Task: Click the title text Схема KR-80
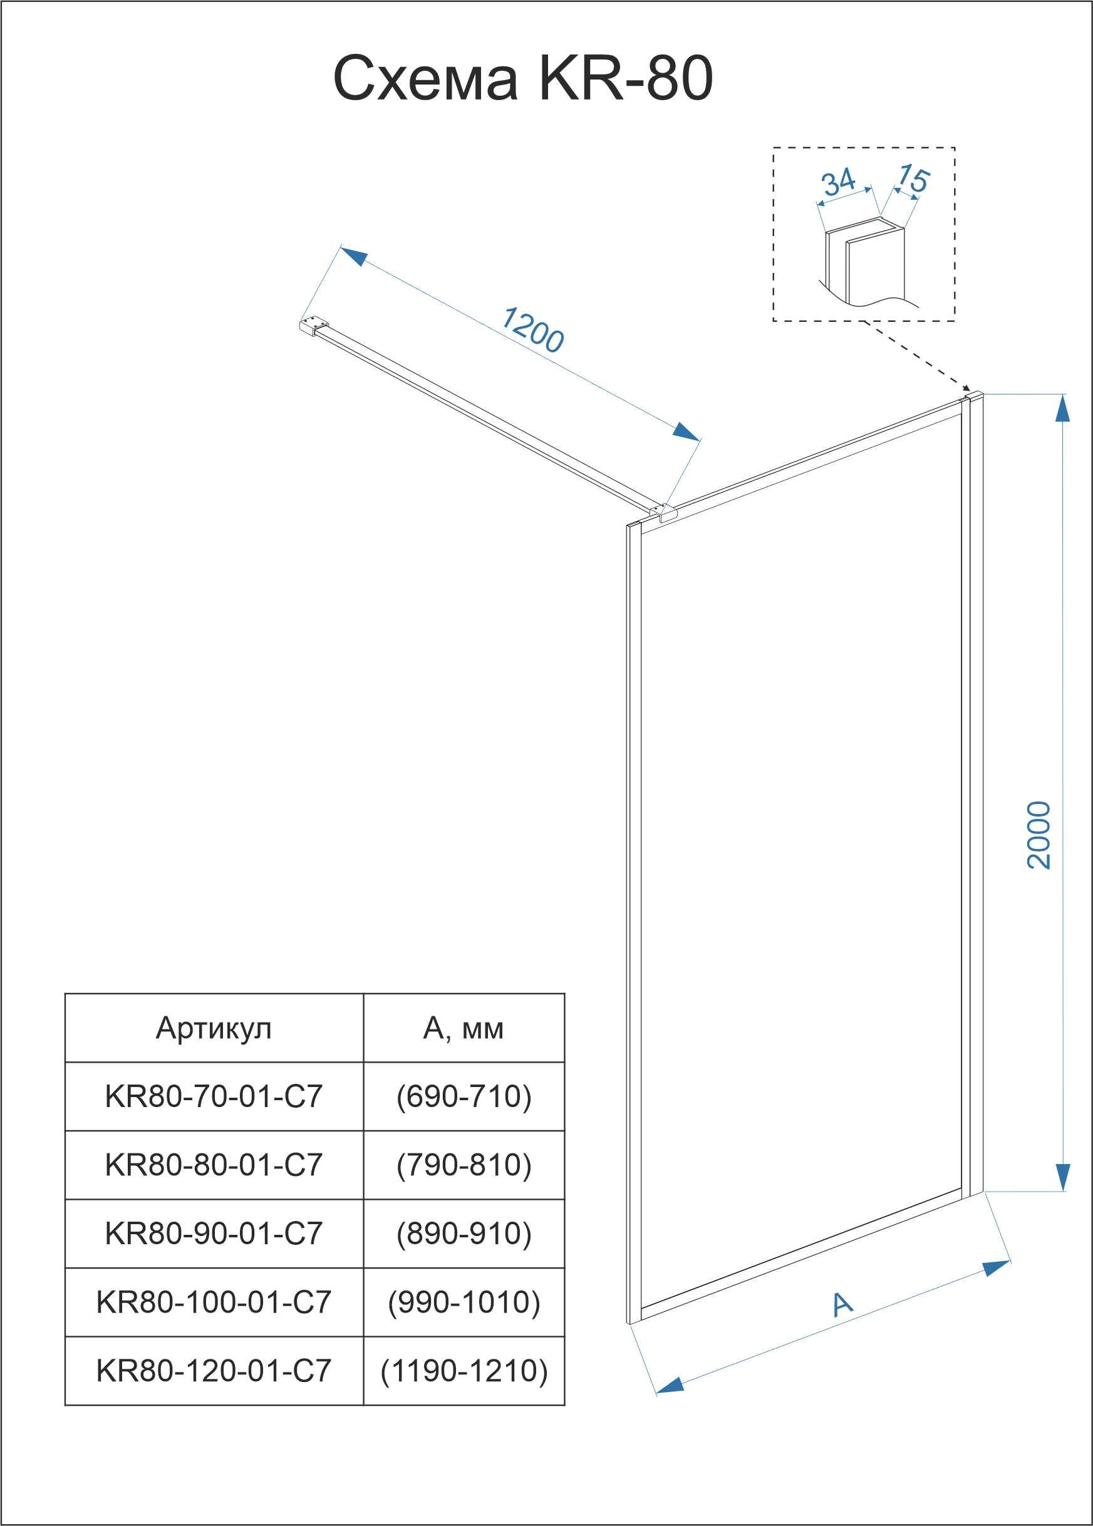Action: pyautogui.click(x=523, y=80)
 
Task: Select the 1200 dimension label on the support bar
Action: pyautogui.click(x=532, y=330)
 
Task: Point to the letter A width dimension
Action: pyautogui.click(x=842, y=1304)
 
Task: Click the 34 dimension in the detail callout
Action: pyautogui.click(x=839, y=182)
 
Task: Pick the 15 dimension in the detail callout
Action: pyautogui.click(x=913, y=178)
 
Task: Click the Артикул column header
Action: pyautogui.click(x=214, y=1028)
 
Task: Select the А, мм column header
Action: pyautogui.click(x=463, y=1028)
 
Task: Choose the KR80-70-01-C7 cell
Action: pyautogui.click(x=214, y=1096)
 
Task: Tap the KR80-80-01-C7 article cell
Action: pyautogui.click(x=214, y=1165)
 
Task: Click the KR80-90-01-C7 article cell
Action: pyautogui.click(x=214, y=1234)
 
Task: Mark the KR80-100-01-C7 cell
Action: pyautogui.click(x=214, y=1302)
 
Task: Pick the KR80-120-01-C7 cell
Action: pyautogui.click(x=214, y=1371)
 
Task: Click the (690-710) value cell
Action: pyautogui.click(x=464, y=1096)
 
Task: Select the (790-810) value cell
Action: pyautogui.click(x=464, y=1165)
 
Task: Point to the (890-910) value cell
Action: pyautogui.click(x=464, y=1234)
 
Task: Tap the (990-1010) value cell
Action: pyautogui.click(x=464, y=1302)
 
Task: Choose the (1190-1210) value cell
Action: pyautogui.click(x=464, y=1371)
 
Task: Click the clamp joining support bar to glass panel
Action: pyautogui.click(x=663, y=513)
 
